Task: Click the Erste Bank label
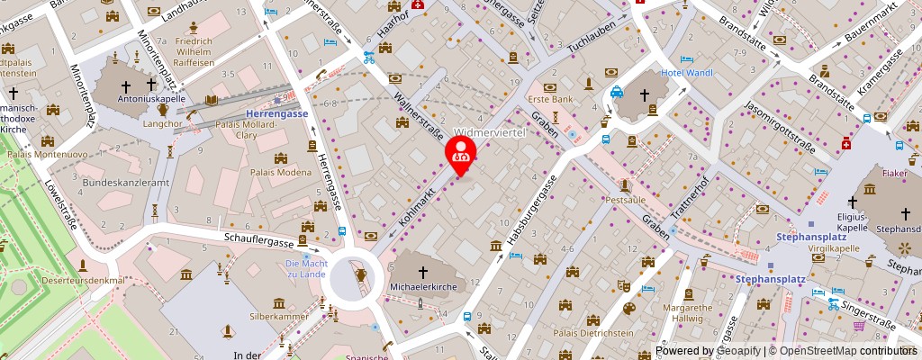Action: point(550,99)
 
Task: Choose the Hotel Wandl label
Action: point(688,71)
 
